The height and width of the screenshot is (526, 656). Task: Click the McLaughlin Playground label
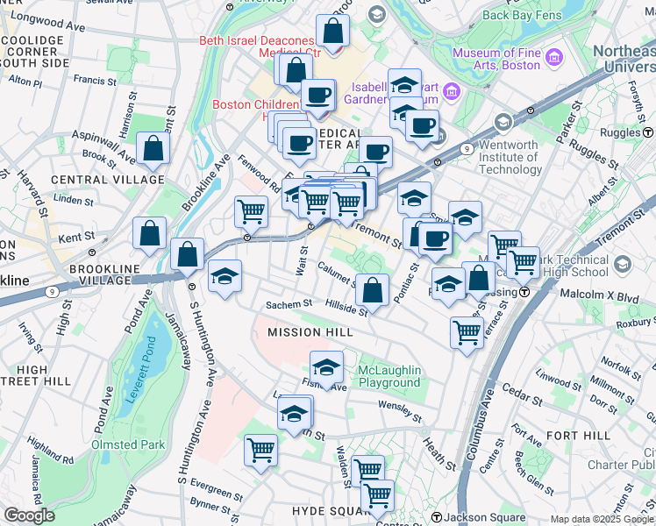389,376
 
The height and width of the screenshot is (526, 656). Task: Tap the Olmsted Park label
128,444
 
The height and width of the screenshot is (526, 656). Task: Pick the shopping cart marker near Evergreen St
261,450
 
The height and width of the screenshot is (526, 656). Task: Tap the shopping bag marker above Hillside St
372,289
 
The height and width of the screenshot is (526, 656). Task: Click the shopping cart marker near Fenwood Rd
251,210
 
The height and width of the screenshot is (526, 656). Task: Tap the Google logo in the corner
29,515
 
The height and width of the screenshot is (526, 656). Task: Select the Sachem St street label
289,303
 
